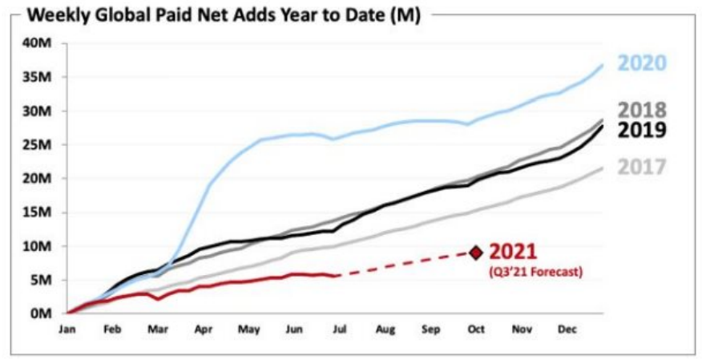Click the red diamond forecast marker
pos(476,253)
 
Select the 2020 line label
pos(642,63)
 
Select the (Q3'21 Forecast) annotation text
pos(535,271)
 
